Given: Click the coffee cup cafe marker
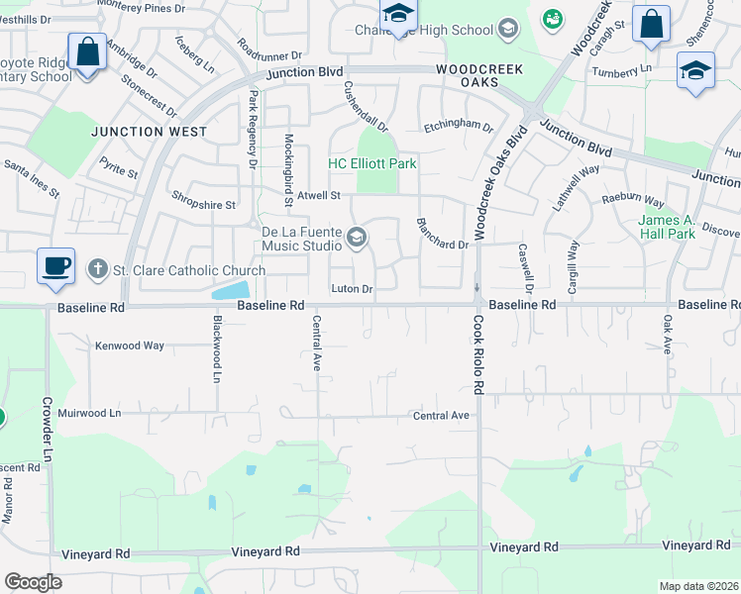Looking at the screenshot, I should (54, 266).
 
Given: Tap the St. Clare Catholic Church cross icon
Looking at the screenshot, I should (96, 269).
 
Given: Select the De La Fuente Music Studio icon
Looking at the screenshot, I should (357, 239).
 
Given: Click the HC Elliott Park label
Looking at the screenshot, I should (372, 163).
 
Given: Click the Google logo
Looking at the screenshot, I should (33, 582).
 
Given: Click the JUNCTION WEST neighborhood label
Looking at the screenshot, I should (150, 132).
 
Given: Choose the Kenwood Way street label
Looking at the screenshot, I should (130, 346).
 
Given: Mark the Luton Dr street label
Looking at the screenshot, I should (352, 289).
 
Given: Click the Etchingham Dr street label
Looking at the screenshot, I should (458, 127).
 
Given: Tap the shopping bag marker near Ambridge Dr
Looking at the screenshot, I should (87, 52).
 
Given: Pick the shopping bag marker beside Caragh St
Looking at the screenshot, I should (651, 25).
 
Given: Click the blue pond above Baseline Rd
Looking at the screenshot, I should (231, 290).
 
